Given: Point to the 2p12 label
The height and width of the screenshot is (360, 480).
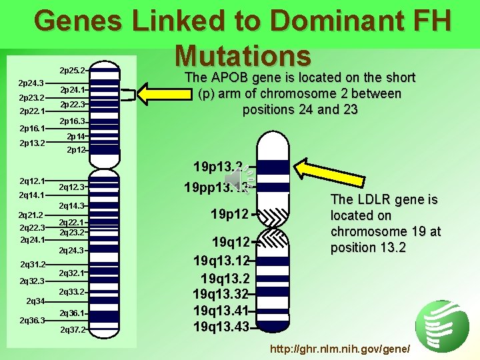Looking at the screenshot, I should pos(76,150).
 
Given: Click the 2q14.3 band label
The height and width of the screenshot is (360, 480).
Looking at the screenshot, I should pos(72,207).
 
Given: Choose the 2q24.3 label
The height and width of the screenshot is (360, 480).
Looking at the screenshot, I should pos(72,251).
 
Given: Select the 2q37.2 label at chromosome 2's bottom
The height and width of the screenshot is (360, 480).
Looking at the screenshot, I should pos(73,330).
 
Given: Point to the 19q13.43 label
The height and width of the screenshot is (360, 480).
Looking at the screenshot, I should pos(221,327).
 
